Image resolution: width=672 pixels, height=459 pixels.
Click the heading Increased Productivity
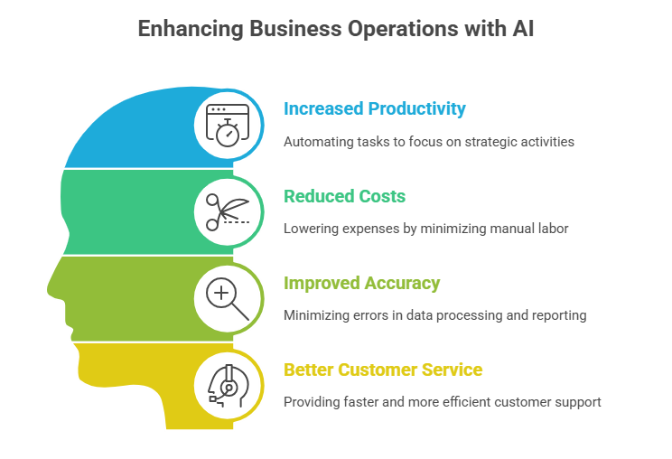375,109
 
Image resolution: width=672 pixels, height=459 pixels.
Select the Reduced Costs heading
344,196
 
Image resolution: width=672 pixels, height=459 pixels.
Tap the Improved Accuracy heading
361,283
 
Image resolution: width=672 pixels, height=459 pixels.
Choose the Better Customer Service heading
383,370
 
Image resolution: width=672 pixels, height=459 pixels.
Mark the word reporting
560,315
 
